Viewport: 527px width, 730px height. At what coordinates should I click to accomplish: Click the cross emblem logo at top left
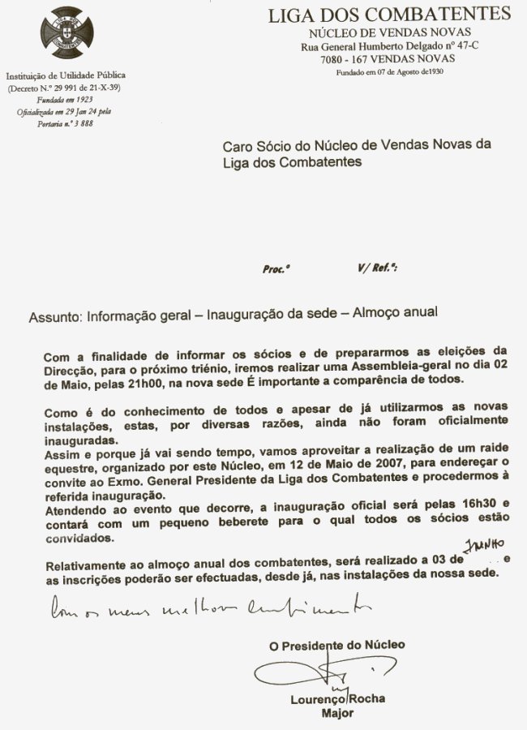(66, 32)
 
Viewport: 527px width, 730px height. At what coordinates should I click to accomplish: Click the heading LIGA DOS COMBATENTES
(390, 14)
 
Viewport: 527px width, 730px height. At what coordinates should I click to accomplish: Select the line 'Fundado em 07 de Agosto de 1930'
(390, 72)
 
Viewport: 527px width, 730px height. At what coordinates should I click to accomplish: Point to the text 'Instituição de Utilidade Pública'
(66, 75)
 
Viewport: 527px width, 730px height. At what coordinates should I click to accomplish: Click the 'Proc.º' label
(276, 269)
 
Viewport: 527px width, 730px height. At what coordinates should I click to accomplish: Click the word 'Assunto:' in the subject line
(54, 315)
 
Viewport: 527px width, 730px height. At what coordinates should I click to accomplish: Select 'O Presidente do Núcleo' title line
(337, 645)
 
